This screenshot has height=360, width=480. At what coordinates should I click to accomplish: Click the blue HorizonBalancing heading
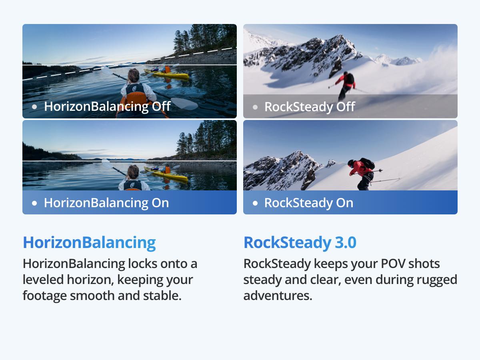click(89, 243)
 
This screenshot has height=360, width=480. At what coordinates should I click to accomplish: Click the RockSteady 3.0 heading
click(300, 243)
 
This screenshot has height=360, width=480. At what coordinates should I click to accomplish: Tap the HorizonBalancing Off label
click(107, 106)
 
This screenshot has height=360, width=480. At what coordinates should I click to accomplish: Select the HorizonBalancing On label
click(106, 203)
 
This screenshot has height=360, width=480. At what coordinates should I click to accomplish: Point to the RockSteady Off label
click(310, 107)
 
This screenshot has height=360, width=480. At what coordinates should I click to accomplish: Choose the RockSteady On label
click(309, 203)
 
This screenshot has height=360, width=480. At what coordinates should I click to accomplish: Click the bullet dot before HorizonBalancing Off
click(34, 107)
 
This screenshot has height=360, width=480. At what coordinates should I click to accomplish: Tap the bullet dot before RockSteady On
click(255, 203)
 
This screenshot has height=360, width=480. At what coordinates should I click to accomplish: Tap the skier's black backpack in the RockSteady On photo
click(367, 163)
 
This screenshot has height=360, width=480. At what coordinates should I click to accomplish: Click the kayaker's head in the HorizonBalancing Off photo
click(133, 76)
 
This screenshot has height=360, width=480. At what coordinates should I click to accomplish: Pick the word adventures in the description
click(278, 296)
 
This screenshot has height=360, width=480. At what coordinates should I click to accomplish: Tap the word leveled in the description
click(43, 280)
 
